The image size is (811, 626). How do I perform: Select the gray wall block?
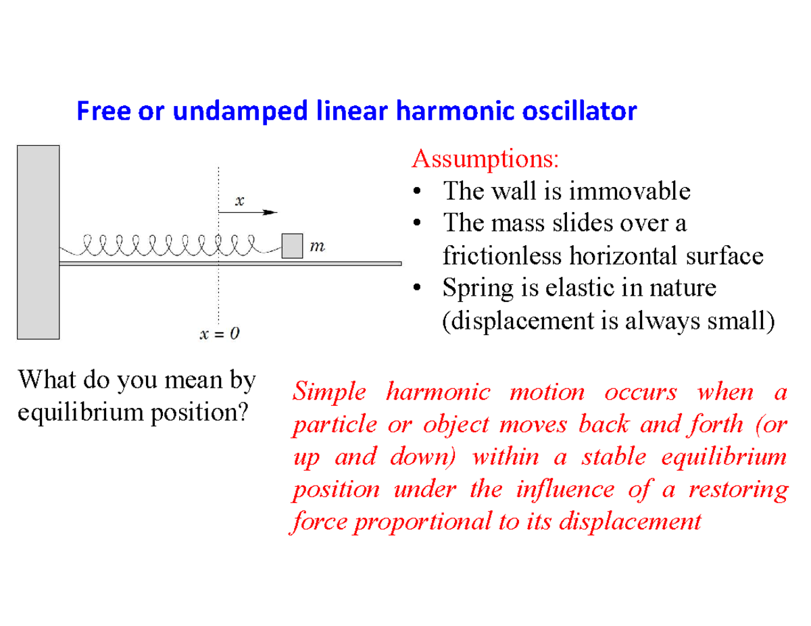[38, 241]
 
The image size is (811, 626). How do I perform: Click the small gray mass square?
[291, 245]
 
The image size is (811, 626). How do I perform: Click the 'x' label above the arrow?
[239, 201]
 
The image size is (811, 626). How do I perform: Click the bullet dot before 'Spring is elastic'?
[418, 289]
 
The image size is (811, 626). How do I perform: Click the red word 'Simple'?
[329, 392]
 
